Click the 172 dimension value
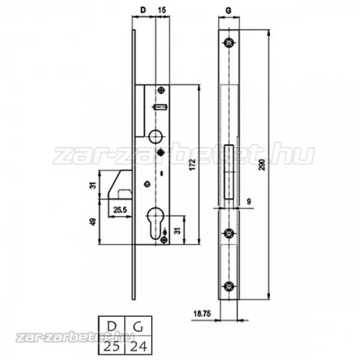point(192,164)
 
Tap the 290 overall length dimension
point(262,164)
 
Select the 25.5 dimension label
point(120,210)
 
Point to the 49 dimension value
point(93,221)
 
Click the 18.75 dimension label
point(202,314)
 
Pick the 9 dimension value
point(248,202)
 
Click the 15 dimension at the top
point(162,10)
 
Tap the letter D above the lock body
point(143,10)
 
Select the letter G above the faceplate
point(229,10)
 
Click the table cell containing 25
point(112,345)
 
